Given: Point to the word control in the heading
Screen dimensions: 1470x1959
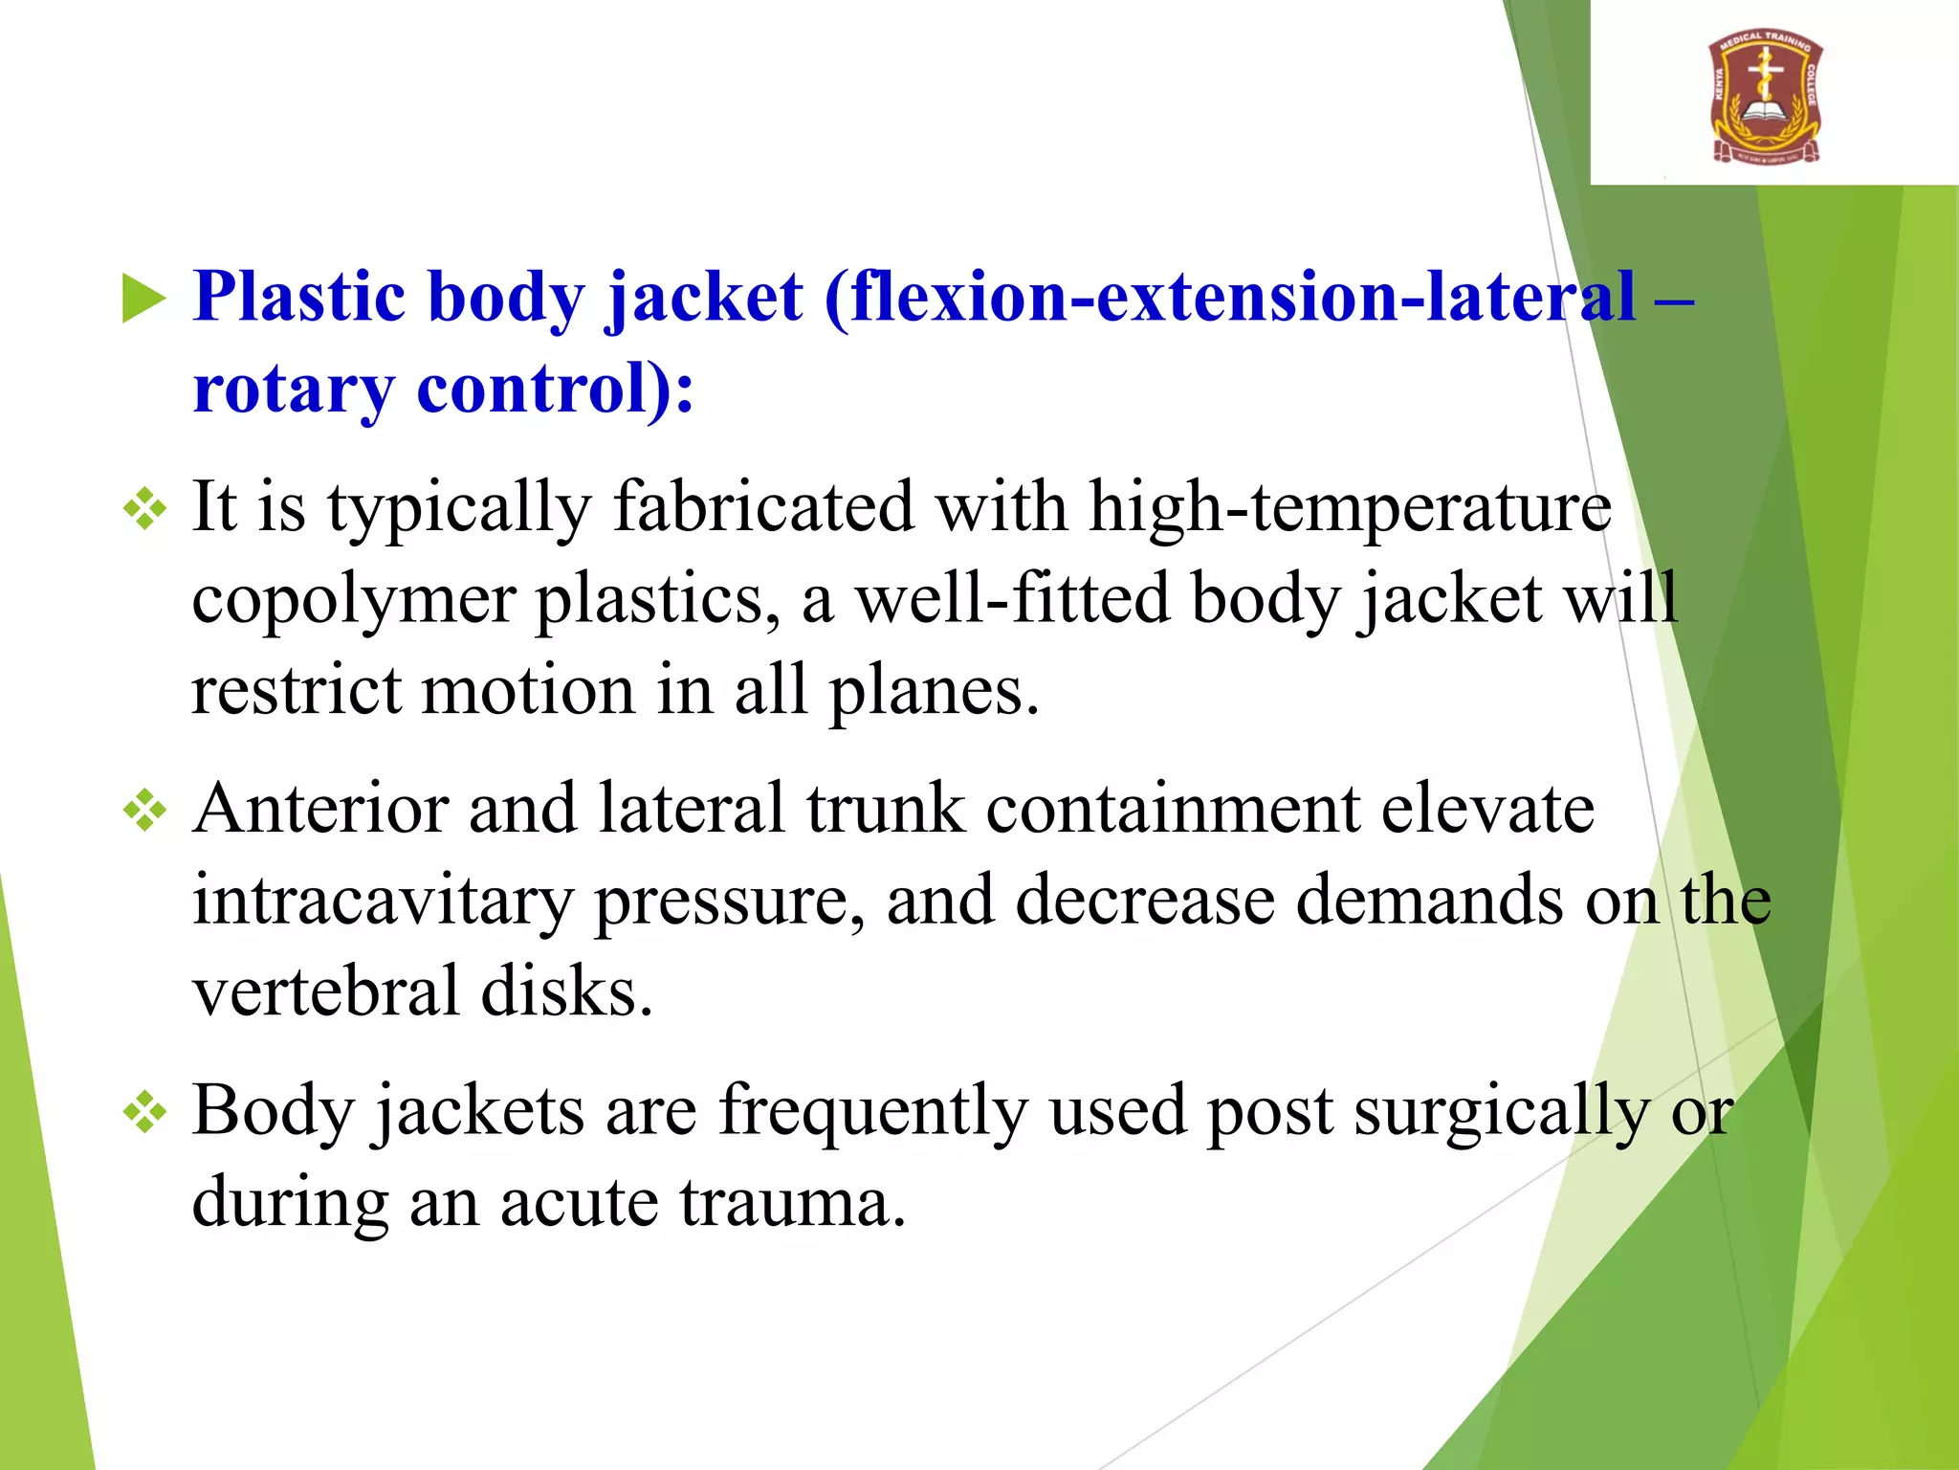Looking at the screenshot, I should coord(531,389).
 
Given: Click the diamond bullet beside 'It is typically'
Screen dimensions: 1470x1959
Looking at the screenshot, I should coord(145,508).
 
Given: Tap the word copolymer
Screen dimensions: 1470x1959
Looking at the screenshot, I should coord(353,600).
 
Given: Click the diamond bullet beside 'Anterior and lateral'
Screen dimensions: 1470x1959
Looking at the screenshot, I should coord(145,811).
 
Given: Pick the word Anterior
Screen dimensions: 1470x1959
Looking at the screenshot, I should coord(319,809).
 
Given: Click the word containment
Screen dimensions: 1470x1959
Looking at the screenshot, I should coord(1172,809).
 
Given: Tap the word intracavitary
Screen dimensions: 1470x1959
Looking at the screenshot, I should coord(383,901).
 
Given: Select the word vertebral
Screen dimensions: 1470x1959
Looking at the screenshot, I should coord(326,991).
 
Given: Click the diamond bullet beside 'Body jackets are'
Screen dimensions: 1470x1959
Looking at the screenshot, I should coord(145,1112).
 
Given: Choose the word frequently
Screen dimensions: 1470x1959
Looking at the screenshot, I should coord(872,1112).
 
